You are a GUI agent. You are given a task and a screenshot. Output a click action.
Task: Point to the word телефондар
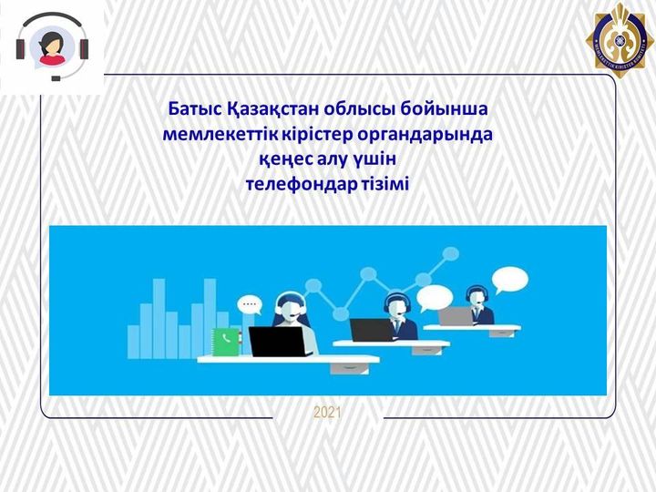point(300,184)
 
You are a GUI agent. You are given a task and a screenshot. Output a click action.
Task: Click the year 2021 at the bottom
point(327,414)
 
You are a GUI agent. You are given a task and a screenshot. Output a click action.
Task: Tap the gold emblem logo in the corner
point(620,40)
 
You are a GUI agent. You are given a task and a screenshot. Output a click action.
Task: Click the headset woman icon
point(53,46)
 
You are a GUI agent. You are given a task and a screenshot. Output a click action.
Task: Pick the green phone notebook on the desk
point(227,342)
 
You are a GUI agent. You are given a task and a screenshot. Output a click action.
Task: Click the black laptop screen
point(277,342)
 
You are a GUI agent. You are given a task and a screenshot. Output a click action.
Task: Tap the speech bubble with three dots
point(250,304)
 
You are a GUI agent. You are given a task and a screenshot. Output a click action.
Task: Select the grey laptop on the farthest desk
point(456,316)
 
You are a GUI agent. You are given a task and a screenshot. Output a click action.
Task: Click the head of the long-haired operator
point(291,306)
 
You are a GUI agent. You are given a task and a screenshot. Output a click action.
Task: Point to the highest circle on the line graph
point(451,253)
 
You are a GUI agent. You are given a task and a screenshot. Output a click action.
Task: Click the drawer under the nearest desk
point(350,368)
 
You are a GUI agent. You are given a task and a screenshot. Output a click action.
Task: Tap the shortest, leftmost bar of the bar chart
point(133,342)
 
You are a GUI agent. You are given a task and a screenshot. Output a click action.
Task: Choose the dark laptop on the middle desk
point(370,331)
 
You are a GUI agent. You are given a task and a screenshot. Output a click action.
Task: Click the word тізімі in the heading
point(384,184)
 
